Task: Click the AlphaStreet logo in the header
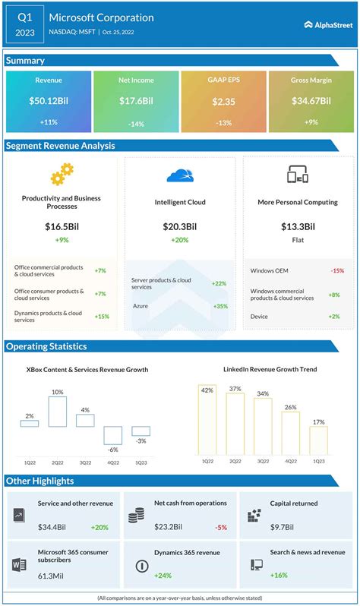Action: [327, 24]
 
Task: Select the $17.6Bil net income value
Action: [135, 101]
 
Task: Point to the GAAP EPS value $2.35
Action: [223, 101]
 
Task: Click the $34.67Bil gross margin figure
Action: [310, 101]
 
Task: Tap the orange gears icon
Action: [62, 175]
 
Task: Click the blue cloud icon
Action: [180, 175]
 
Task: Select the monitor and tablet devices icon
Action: [298, 175]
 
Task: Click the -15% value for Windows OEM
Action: [337, 270]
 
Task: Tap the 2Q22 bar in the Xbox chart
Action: [58, 411]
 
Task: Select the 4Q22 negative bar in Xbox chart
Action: [113, 435]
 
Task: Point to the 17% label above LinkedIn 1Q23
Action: [318, 421]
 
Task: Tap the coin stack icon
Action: [137, 516]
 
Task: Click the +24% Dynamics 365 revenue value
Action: [166, 575]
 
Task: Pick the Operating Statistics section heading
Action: [47, 346]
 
